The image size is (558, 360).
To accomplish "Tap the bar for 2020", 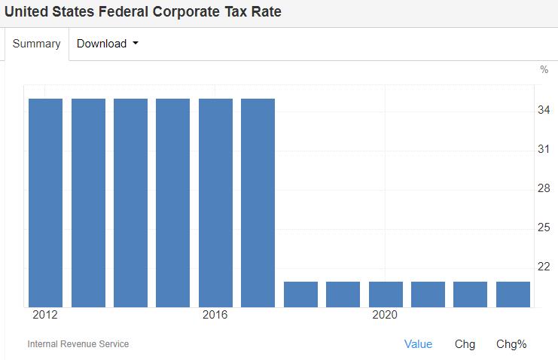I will point(386,294).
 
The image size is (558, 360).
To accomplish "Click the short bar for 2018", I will point(300,294).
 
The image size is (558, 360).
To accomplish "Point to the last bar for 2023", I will point(513,294).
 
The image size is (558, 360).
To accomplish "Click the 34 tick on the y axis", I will point(543,111).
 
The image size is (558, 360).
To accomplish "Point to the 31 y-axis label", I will point(543,150).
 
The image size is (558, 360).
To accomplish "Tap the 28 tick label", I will point(543,188).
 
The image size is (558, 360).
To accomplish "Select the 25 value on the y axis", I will point(543,227).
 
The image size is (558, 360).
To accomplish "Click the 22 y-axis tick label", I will point(543,267).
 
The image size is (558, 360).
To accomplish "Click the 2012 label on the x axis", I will point(45,315).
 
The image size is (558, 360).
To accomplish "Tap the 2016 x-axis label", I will point(215,315).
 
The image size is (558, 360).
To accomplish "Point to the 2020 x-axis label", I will point(386,315).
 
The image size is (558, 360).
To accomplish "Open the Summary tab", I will point(36,44).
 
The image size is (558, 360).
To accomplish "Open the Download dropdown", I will point(107,44).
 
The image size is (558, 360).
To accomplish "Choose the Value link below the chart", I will point(418,344).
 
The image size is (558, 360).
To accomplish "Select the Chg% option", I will point(511,344).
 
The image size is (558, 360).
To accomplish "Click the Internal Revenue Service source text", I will point(78,344).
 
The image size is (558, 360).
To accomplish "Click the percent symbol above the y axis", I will point(544,69).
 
